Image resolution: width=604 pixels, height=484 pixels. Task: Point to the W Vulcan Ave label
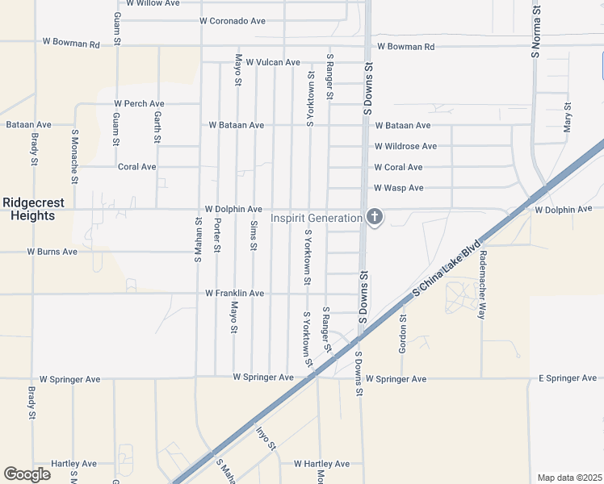coord(273,62)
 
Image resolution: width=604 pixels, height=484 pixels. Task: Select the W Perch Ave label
coord(139,104)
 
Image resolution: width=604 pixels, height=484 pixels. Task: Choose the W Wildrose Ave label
coord(405,147)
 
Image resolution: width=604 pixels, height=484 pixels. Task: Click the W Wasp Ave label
coord(399,188)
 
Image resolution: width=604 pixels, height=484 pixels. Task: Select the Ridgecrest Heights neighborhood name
coord(28,210)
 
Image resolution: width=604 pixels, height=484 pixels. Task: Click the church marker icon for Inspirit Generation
coord(374,216)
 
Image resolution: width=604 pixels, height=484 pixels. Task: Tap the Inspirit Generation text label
coord(317,218)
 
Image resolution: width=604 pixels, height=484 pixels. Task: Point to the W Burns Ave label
coord(52,252)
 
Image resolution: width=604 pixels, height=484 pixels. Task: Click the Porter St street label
coord(216,235)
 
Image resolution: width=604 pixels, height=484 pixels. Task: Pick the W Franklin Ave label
coord(235,294)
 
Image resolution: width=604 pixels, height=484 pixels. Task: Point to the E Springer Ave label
coord(568,378)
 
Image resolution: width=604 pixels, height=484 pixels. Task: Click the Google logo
coord(27,474)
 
